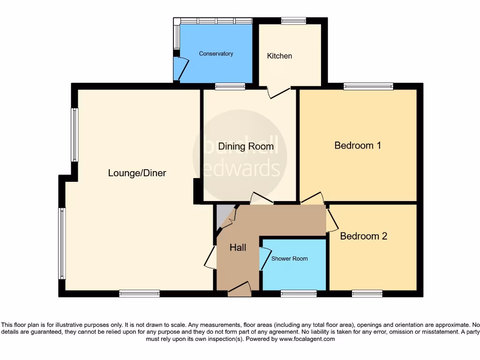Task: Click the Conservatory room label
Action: tap(216, 53)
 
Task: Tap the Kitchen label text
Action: tap(279, 56)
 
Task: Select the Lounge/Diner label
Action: tap(137, 173)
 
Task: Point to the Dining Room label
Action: tap(245, 146)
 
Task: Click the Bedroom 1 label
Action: tap(358, 145)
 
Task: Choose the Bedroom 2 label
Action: tap(363, 236)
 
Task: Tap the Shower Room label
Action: tap(289, 258)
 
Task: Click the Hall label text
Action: tap(238, 247)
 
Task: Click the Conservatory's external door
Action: tap(180, 68)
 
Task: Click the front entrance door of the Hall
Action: tap(239, 289)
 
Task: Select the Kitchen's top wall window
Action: tap(293, 21)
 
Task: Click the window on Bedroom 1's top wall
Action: tap(368, 86)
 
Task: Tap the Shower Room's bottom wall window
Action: tap(299, 294)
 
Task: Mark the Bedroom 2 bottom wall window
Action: tap(367, 294)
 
